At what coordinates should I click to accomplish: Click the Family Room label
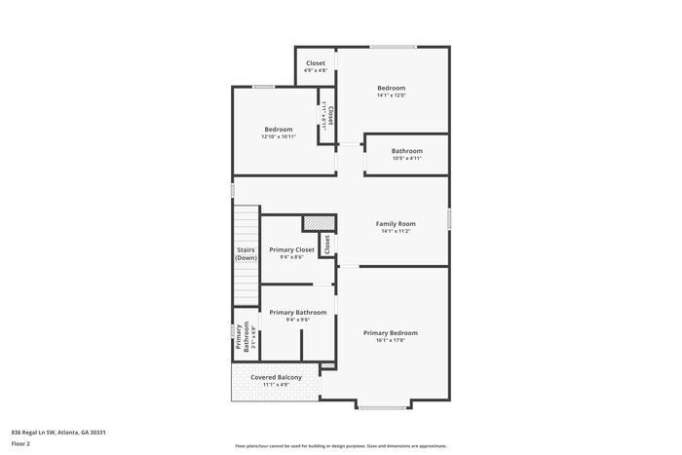tap(396, 224)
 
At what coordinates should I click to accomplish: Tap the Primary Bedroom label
tap(391, 332)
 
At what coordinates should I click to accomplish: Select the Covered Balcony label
tap(276, 377)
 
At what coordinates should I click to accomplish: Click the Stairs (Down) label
tap(246, 253)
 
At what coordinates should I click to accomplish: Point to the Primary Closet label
tap(291, 249)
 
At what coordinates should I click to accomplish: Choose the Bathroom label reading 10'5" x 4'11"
tap(407, 151)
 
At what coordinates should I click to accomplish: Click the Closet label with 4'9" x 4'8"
tap(316, 63)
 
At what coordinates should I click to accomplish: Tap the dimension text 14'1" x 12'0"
tap(392, 95)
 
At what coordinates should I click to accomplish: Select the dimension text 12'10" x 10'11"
tap(278, 136)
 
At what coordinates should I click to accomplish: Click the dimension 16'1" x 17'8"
tap(391, 340)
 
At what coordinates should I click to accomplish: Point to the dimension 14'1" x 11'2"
tap(396, 232)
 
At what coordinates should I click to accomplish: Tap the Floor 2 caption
tap(20, 443)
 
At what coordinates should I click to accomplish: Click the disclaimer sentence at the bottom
tap(340, 444)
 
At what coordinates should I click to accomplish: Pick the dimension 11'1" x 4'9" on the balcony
tap(276, 385)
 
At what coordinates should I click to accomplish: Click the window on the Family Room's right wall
tap(449, 219)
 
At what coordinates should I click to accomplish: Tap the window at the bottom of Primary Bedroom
tap(382, 406)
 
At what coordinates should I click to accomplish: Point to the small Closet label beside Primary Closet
tap(328, 244)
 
